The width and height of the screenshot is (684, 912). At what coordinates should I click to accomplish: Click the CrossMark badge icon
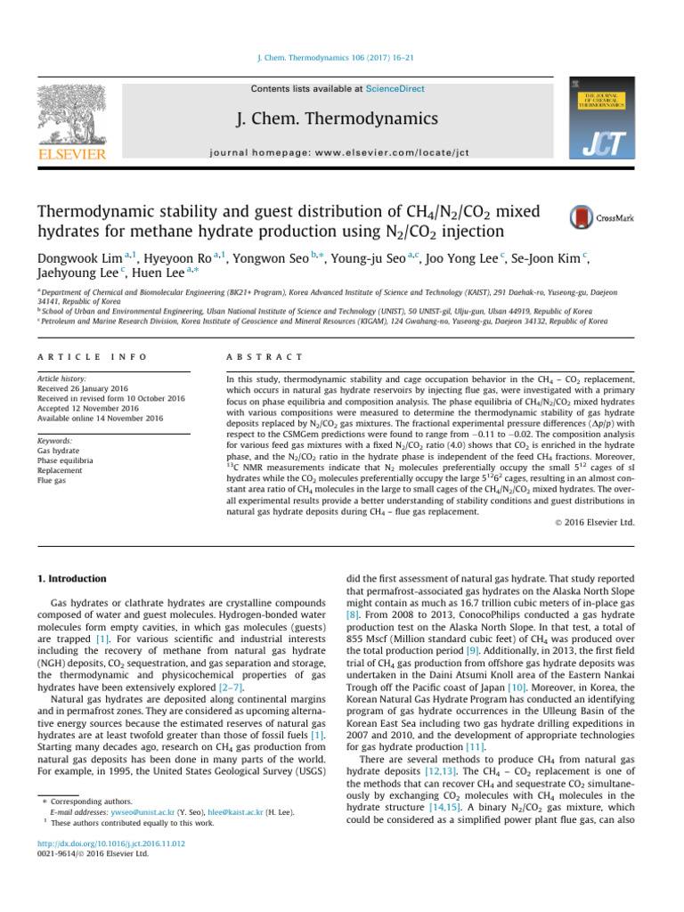click(x=592, y=217)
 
